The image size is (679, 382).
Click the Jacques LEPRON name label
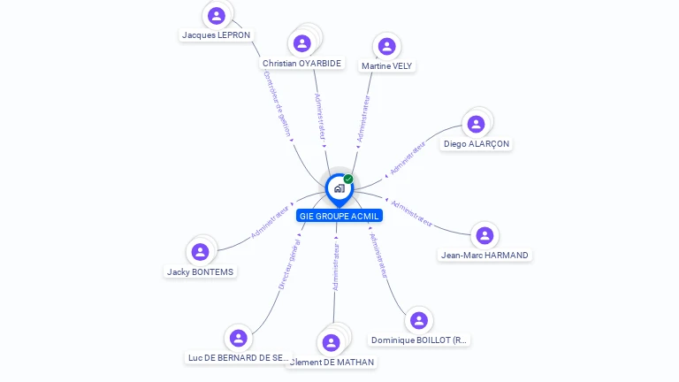click(216, 35)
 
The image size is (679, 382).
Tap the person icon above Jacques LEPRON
click(216, 15)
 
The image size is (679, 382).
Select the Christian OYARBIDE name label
click(301, 64)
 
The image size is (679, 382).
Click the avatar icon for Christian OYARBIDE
click(302, 43)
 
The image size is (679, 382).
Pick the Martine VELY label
click(386, 66)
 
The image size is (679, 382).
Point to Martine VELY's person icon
click(386, 46)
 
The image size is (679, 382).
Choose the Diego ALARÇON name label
click(477, 144)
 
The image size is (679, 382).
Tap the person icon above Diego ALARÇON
click(476, 124)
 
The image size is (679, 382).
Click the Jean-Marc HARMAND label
click(484, 256)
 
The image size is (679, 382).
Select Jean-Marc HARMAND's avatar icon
click(484, 235)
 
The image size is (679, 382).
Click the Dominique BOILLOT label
click(419, 340)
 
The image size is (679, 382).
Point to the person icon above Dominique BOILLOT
click(419, 320)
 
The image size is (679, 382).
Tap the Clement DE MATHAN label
click(332, 363)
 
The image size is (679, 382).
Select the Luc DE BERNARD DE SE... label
click(238, 358)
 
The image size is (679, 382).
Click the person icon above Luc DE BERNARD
click(238, 338)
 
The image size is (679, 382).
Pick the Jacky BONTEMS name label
click(201, 272)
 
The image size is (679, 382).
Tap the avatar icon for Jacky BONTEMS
click(201, 252)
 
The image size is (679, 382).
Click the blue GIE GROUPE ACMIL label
click(339, 216)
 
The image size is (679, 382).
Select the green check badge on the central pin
click(348, 180)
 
